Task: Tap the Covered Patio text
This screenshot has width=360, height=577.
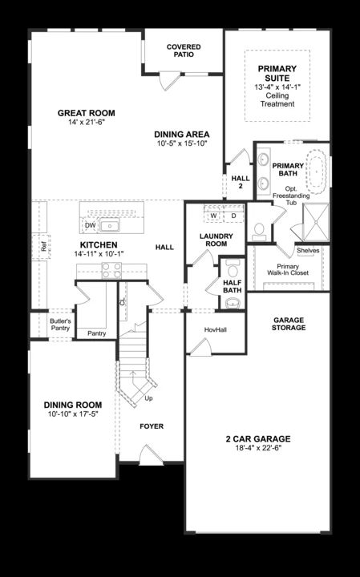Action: point(184,51)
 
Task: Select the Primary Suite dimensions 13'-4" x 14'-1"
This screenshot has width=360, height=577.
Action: point(277,87)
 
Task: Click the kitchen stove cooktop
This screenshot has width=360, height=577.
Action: point(111,271)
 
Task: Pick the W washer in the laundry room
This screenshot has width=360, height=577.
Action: point(214,216)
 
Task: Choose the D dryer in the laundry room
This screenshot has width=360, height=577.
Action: point(233,216)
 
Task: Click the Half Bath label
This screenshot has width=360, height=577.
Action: point(233,286)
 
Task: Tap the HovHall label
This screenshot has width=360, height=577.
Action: point(214,329)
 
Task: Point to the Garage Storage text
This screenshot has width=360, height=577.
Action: point(288,324)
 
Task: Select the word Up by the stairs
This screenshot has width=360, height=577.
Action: point(149,397)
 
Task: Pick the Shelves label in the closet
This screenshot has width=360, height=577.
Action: point(308,250)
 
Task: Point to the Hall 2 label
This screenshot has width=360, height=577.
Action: point(237,182)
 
